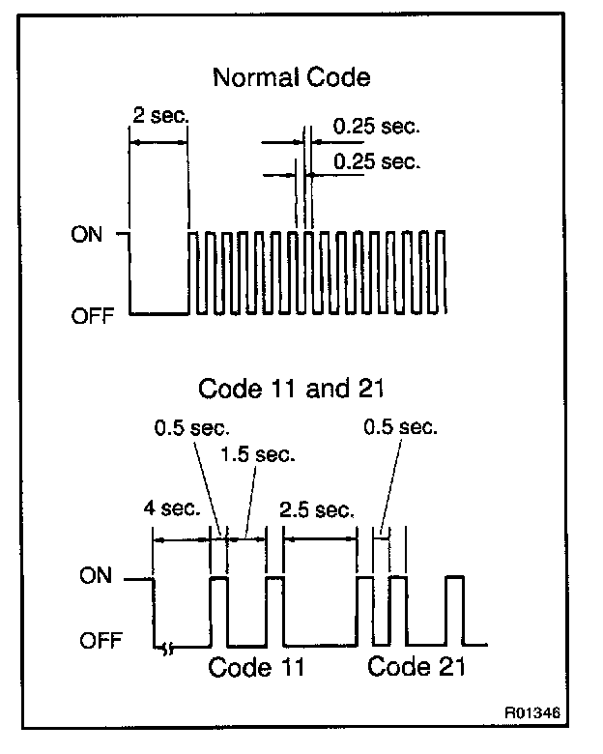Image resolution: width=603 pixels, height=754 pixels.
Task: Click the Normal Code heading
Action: coord(291,77)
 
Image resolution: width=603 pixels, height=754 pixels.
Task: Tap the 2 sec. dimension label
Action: coord(159,115)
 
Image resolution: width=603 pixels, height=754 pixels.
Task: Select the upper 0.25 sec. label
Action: coord(376,128)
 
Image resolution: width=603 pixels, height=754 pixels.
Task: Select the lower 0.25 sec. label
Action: coord(376,160)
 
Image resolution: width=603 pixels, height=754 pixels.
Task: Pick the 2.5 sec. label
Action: coord(315,509)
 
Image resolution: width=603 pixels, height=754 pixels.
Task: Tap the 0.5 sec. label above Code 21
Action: coord(401,426)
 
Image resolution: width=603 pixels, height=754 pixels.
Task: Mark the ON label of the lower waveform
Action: coord(95,577)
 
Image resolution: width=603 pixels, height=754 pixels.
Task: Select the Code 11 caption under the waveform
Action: coord(256,667)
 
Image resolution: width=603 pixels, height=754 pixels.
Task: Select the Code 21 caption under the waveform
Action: coord(417,667)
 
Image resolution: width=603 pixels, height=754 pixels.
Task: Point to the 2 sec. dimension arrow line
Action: coord(159,141)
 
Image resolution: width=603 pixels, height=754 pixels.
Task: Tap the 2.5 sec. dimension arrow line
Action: coord(319,538)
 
